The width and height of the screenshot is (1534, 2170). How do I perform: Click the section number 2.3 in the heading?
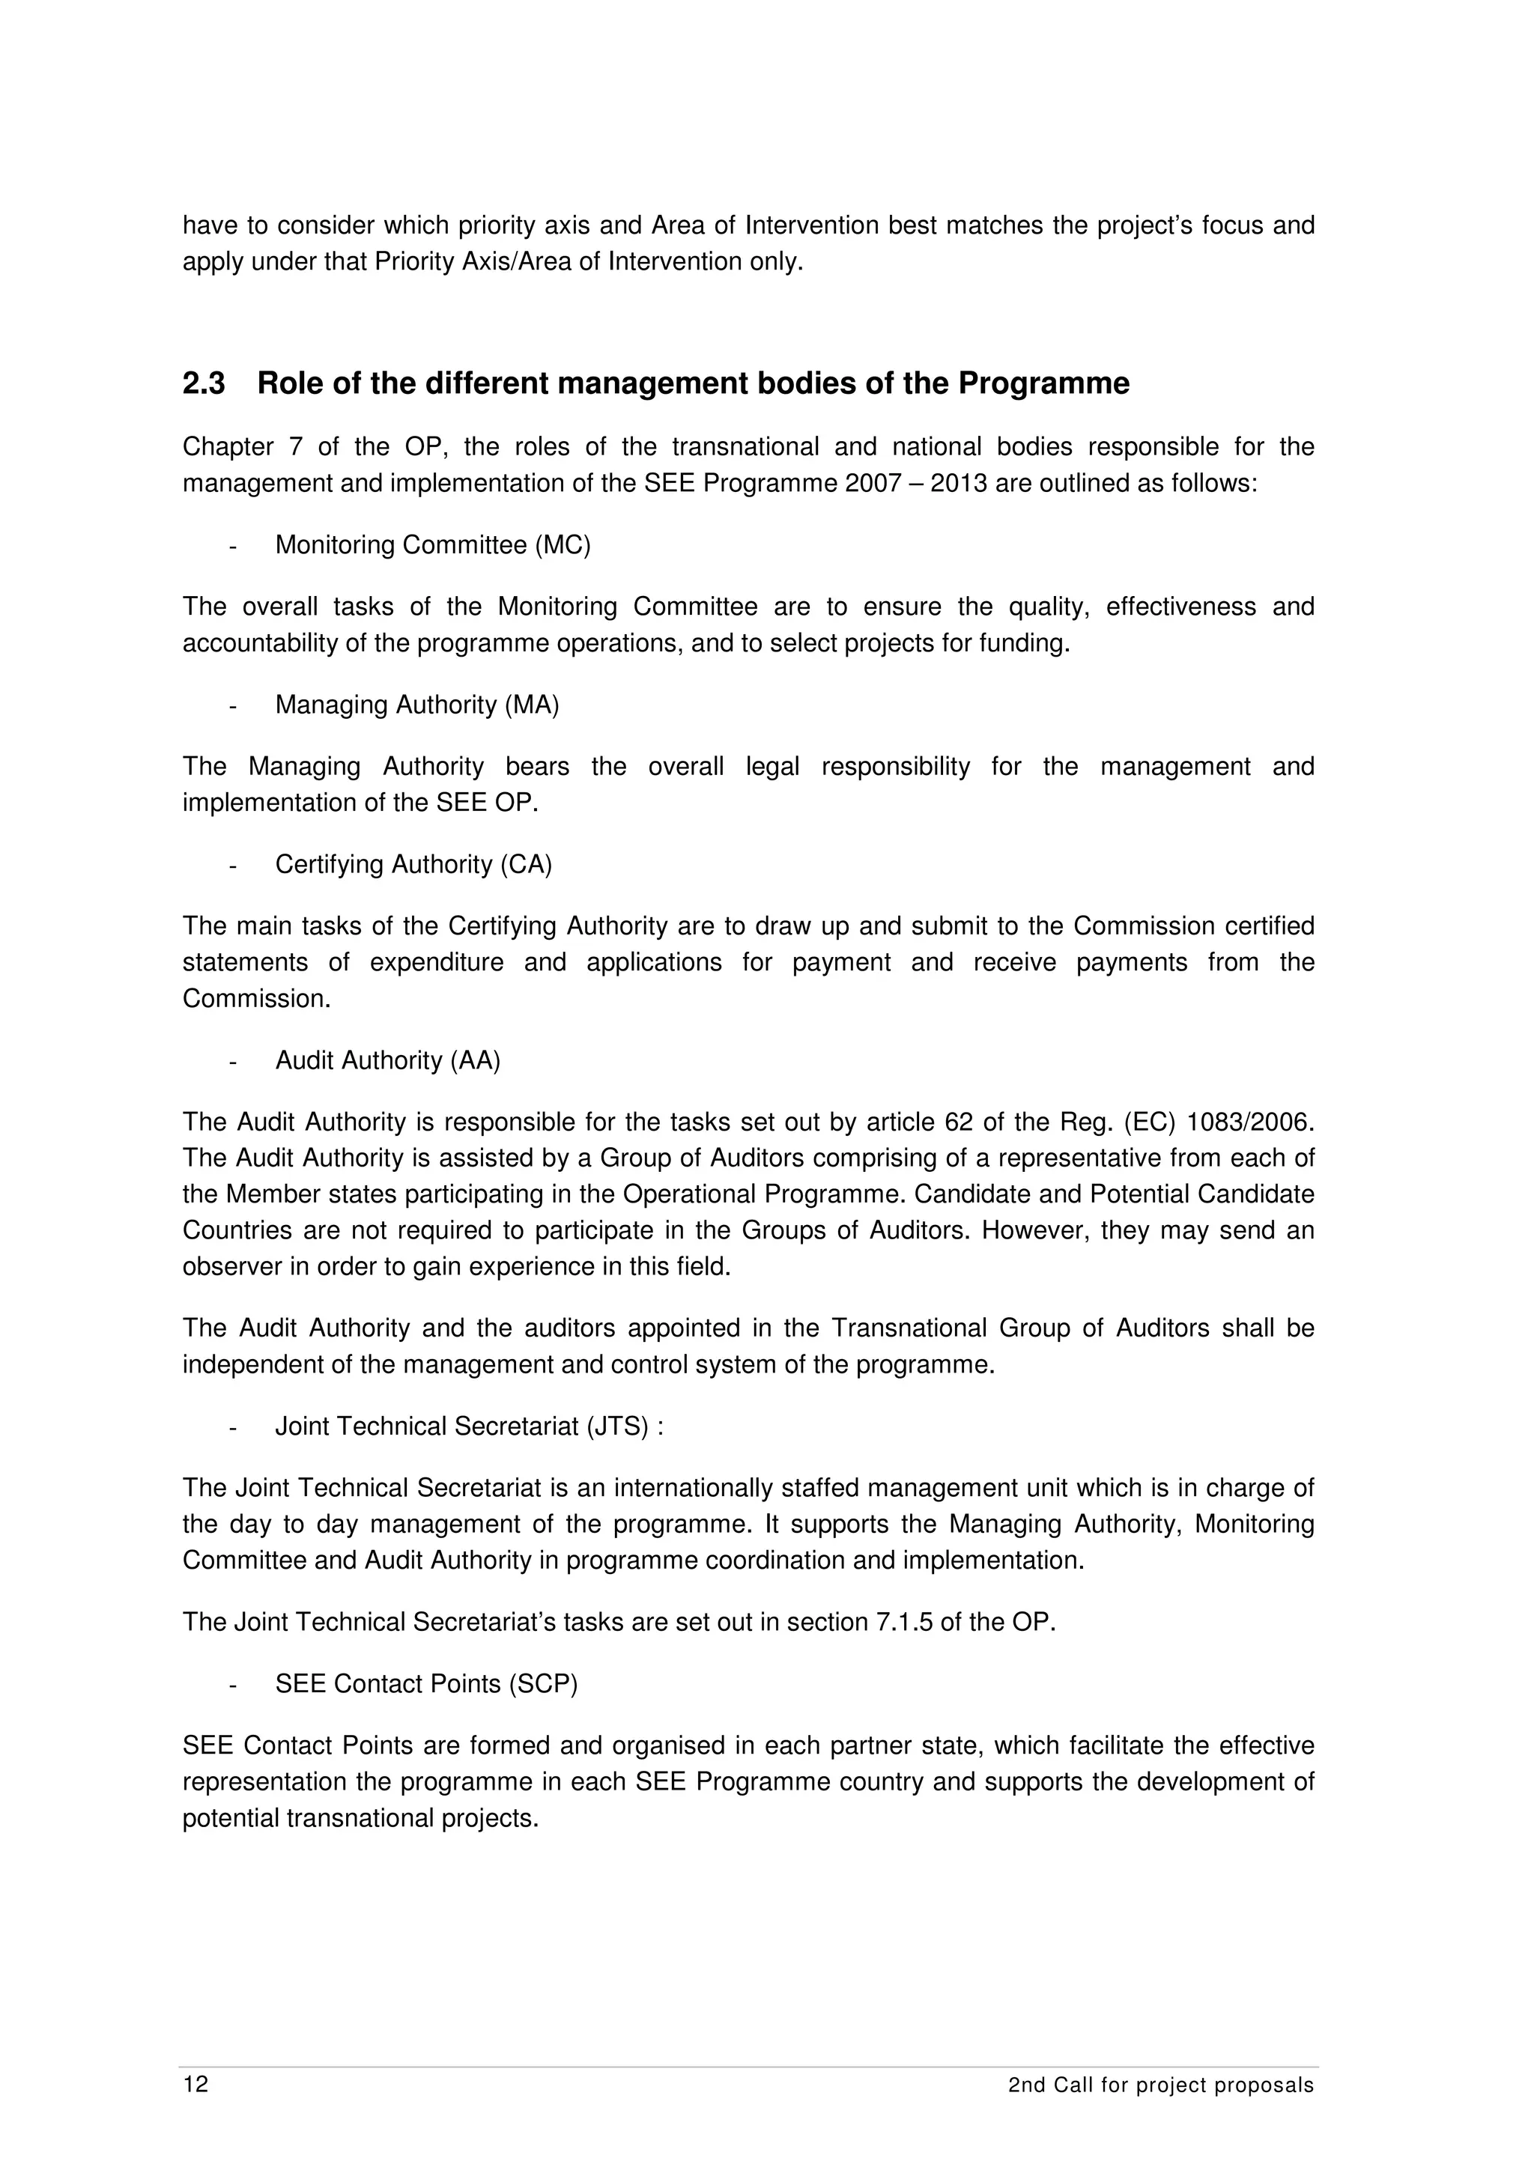204,383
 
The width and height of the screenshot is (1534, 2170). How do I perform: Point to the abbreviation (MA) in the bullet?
531,705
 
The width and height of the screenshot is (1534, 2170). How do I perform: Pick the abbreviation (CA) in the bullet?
526,865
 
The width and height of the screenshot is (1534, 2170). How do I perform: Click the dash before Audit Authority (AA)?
231,1061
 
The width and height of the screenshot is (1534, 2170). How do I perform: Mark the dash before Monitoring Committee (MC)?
231,547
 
